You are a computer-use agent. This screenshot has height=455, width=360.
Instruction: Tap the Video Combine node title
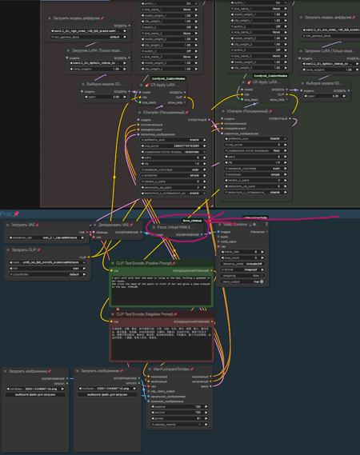[x=240, y=225]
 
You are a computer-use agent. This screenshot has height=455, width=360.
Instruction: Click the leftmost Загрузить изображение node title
[x=28, y=371]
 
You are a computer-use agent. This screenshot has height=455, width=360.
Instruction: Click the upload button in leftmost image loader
[x=35, y=394]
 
